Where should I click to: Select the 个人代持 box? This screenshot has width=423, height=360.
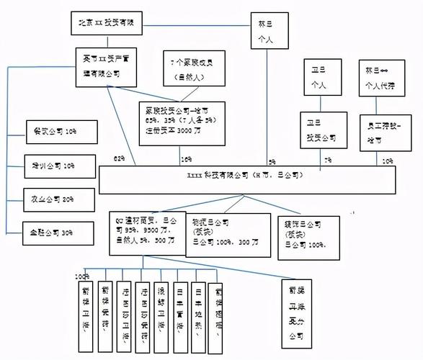[385, 78]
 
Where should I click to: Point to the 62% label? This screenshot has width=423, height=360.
[119, 159]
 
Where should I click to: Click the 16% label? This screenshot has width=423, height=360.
[186, 159]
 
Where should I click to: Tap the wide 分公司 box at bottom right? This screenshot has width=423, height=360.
[296, 314]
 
